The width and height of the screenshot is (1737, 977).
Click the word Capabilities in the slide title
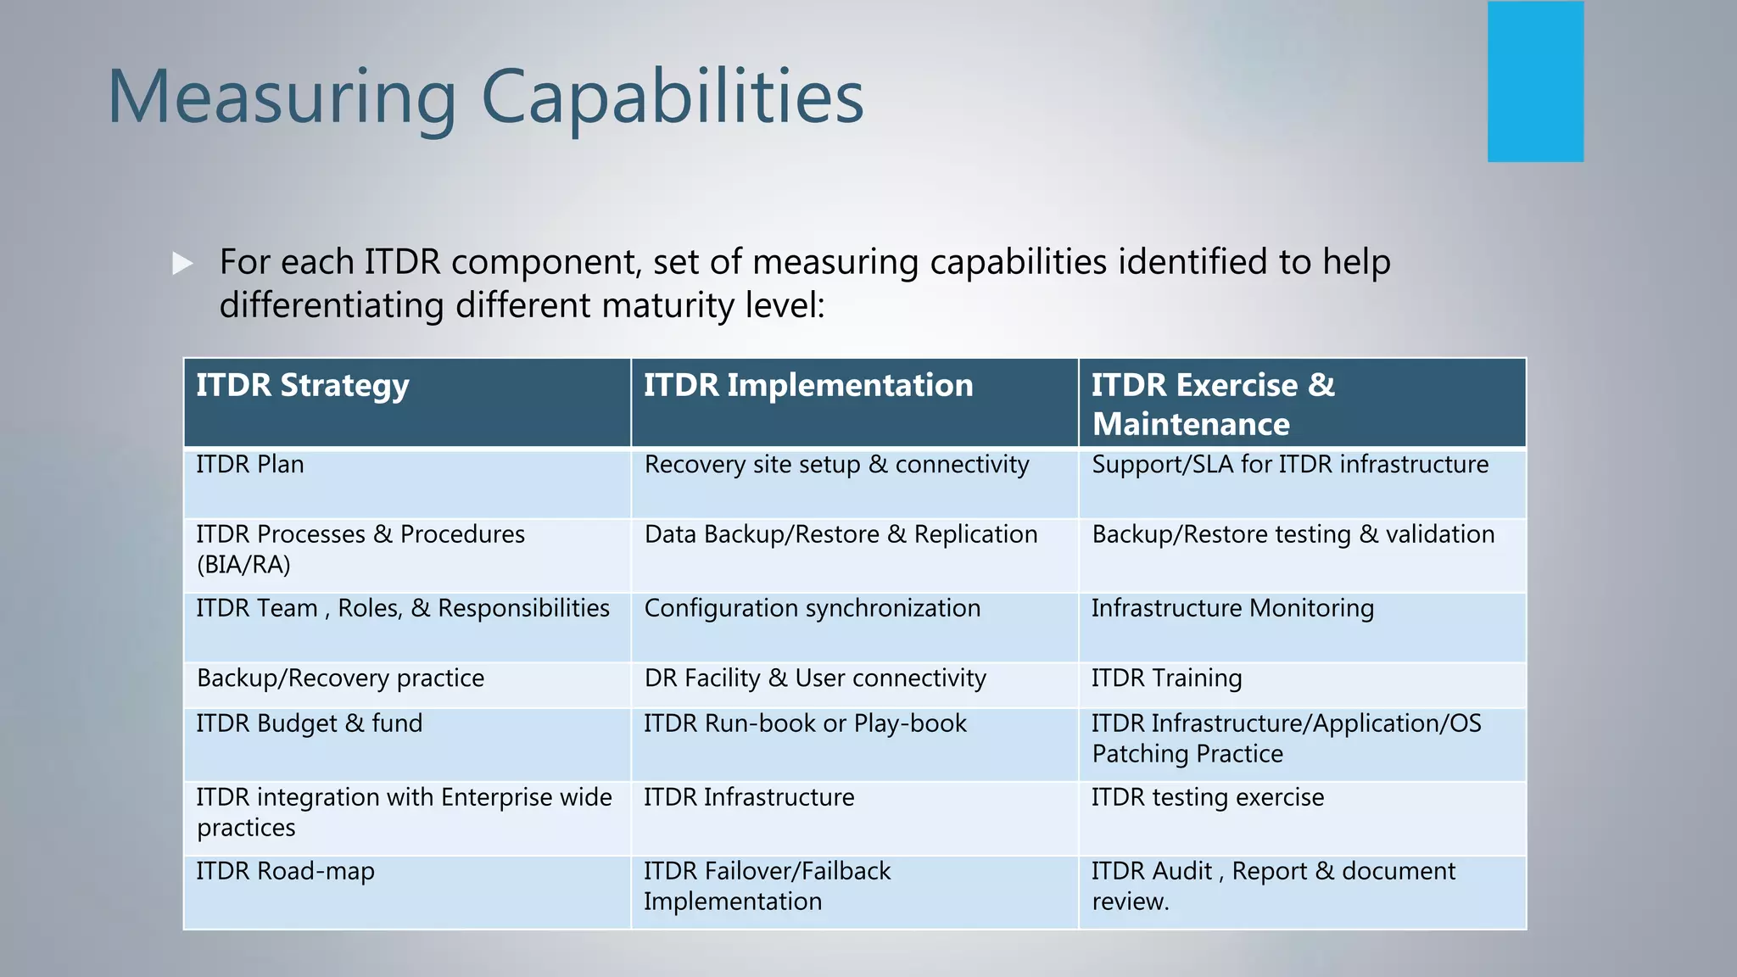672,98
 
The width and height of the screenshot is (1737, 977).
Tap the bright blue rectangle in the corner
1535,81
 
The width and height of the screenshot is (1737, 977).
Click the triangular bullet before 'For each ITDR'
182,263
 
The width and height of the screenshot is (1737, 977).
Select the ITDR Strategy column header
303,386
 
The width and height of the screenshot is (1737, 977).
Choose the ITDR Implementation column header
807,386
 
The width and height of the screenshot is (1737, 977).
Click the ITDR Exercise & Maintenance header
1213,404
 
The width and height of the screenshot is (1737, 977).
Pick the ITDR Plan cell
250,465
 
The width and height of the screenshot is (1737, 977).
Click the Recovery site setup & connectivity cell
836,465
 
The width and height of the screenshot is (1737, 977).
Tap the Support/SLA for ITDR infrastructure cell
1289,465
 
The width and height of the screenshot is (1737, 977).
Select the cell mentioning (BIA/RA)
360,550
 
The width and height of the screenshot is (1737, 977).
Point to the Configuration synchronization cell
812,608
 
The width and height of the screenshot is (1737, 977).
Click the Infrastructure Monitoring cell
1232,608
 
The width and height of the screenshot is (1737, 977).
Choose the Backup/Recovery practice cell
340,678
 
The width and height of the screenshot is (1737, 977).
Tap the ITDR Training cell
1166,678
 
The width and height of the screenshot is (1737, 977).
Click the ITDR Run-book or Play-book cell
805,723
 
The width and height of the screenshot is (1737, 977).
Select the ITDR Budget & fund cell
309,723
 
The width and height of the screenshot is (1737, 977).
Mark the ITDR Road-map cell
285,872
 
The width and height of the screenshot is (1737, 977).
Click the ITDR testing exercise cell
1207,797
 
